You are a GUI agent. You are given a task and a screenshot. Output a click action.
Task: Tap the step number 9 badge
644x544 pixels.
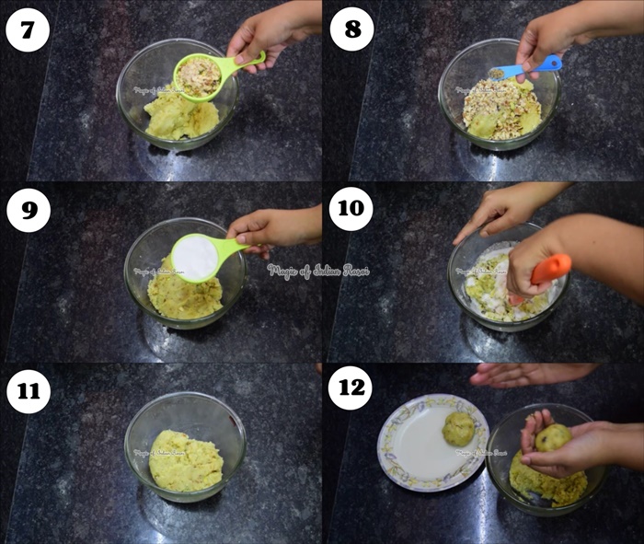[27, 210]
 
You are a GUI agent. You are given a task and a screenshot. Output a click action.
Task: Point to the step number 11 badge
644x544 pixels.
[27, 390]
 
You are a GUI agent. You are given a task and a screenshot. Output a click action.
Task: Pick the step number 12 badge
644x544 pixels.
[351, 389]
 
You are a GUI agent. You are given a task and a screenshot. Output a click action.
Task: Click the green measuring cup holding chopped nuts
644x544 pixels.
[198, 75]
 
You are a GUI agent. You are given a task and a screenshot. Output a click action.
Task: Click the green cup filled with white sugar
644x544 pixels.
[196, 257]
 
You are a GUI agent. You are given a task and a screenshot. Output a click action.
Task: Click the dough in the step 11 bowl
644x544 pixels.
[186, 460]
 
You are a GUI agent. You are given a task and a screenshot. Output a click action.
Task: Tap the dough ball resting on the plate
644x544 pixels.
[458, 428]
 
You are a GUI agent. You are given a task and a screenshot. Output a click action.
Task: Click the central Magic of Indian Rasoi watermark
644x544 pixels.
[318, 271]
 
